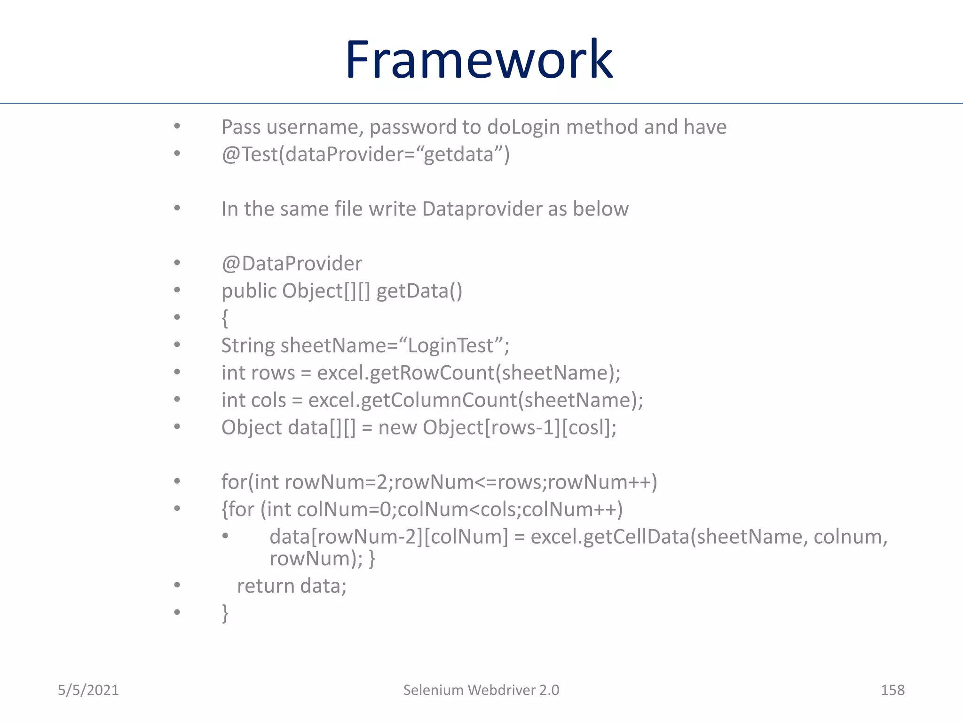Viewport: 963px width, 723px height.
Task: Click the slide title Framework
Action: click(x=479, y=60)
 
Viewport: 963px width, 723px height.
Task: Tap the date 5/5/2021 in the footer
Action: click(x=88, y=690)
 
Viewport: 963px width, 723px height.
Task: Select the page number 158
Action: click(x=892, y=690)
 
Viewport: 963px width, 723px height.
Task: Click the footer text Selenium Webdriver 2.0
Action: click(x=481, y=690)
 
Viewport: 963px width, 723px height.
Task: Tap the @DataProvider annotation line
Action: click(x=292, y=264)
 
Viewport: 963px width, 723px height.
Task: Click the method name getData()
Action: click(x=419, y=291)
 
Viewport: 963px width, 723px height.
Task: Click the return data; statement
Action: click(x=292, y=586)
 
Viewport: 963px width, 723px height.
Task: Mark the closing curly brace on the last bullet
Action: click(x=225, y=613)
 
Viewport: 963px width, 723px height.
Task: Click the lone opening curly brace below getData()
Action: click(x=225, y=318)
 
